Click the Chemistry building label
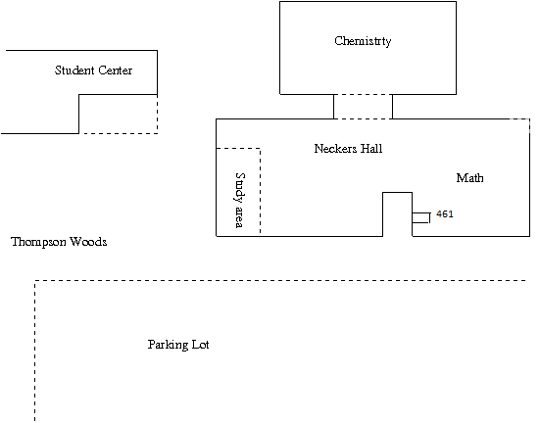coord(363,41)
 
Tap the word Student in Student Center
coord(74,70)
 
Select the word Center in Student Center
coord(115,70)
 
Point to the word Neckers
coord(335,149)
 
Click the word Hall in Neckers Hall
coord(371,149)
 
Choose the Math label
coord(469,178)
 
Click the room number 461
coord(445,214)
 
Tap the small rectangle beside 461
coord(421,218)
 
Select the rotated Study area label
coord(240,200)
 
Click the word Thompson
coord(38,242)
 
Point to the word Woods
coord(88,242)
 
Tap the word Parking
coord(168,345)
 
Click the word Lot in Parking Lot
coord(201,345)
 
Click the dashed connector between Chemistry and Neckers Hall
coord(363,107)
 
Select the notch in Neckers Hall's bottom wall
coord(398,192)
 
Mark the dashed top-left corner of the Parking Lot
coord(34,281)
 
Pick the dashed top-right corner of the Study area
coord(260,148)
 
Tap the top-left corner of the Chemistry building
coord(279,2)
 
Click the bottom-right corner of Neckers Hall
coord(529,236)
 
